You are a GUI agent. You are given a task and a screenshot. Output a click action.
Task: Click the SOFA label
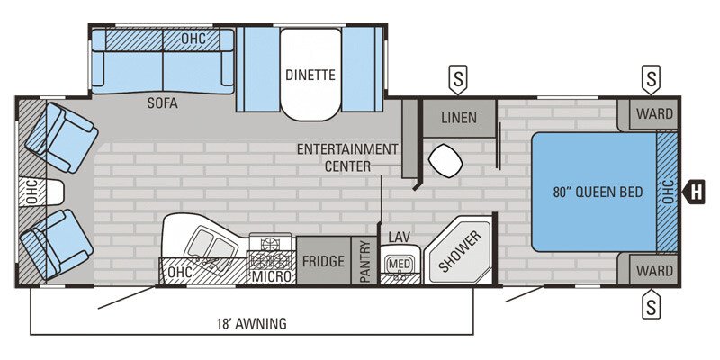(163, 103)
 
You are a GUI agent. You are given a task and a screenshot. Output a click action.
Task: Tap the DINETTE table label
(310, 74)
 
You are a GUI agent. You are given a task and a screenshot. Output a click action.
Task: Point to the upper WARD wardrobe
(654, 113)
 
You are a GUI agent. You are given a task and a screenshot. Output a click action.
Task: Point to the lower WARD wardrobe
(654, 269)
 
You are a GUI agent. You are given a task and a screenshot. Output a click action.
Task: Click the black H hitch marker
(695, 191)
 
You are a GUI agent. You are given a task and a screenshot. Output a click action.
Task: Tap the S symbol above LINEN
(458, 80)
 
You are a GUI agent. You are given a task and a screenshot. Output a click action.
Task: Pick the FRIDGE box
(323, 262)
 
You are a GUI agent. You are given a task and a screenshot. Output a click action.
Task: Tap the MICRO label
(272, 276)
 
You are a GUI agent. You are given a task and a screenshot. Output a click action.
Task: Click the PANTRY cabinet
(365, 262)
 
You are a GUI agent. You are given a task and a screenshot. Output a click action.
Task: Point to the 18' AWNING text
(251, 324)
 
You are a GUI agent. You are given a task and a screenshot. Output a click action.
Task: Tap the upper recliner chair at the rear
(60, 138)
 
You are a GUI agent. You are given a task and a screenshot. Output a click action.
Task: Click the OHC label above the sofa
(193, 40)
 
